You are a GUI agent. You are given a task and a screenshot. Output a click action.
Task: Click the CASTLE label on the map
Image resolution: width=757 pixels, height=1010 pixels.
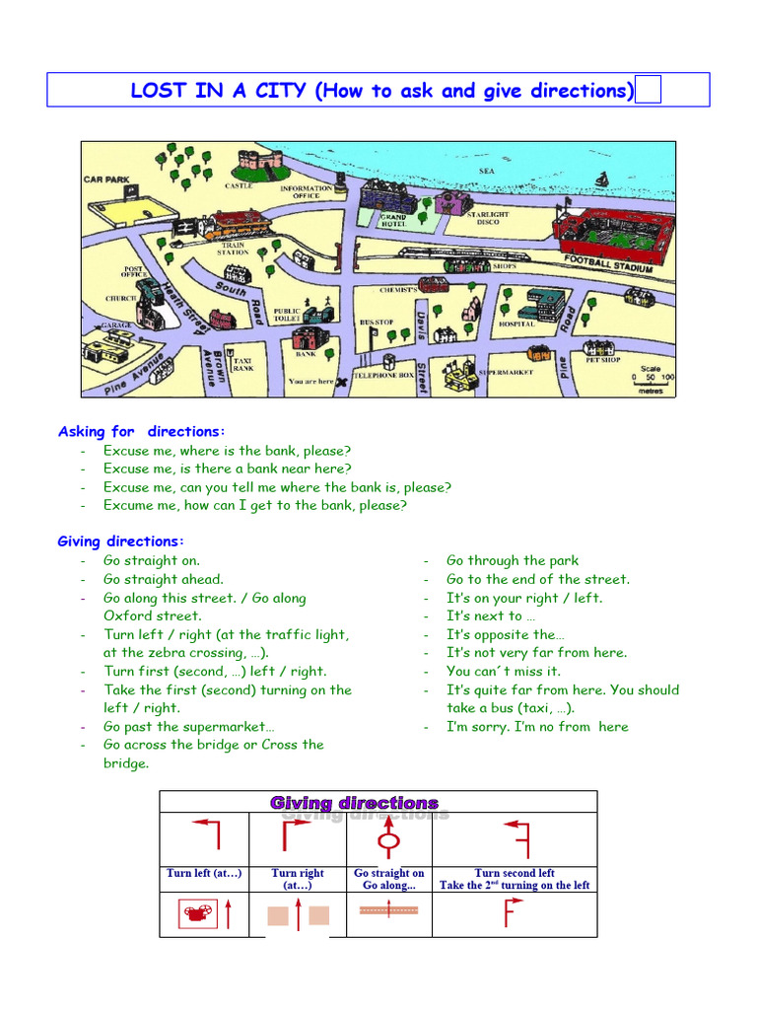[x=239, y=185]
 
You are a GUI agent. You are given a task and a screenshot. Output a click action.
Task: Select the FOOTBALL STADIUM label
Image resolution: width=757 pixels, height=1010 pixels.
[x=608, y=263]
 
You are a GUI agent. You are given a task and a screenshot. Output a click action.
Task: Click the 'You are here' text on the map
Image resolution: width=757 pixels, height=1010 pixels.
[x=310, y=381]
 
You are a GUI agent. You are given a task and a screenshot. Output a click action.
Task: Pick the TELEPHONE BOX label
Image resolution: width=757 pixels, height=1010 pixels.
[x=384, y=376]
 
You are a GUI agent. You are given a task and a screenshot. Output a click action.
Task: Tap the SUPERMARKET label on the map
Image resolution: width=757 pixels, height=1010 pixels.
[x=506, y=373]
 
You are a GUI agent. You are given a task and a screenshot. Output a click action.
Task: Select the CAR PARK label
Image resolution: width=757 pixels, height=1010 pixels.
[x=106, y=180]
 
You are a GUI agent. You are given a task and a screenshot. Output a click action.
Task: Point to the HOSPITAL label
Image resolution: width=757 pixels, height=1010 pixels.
[x=516, y=324]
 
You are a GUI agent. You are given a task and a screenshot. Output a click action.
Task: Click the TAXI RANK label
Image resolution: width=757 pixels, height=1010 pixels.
[x=242, y=365]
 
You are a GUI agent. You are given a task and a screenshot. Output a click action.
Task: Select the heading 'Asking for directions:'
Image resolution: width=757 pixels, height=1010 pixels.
[x=142, y=431]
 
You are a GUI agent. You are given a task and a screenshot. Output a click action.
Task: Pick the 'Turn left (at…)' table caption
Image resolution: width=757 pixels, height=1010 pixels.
[x=204, y=873]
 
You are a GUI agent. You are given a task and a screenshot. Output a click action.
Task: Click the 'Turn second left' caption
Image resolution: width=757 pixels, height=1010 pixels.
[x=515, y=873]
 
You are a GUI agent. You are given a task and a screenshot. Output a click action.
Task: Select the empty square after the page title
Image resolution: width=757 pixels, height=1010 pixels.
[x=649, y=92]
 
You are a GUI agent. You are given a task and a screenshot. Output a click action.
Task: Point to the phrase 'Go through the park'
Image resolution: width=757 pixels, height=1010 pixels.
[x=513, y=560]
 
